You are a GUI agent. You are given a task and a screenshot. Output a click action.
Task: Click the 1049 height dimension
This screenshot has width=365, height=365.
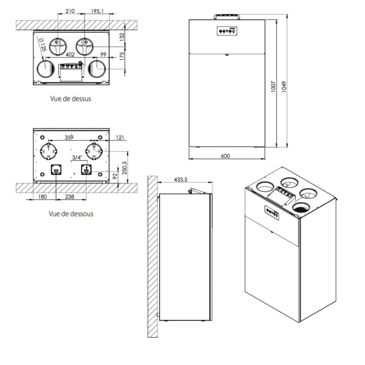coord(284,87)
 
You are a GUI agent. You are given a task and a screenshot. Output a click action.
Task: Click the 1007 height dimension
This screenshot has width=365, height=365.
coord(274,87)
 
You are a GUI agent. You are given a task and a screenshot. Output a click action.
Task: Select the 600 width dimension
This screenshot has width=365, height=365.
coord(225,156)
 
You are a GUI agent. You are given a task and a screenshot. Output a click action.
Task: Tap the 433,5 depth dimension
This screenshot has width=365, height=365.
coord(180,179)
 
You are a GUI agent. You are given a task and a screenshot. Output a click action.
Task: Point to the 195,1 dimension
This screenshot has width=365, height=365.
coord(97,11)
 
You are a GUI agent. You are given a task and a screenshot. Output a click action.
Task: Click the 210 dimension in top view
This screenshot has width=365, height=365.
coord(70,11)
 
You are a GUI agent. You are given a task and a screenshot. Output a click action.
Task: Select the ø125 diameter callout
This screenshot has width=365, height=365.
coord(43,45)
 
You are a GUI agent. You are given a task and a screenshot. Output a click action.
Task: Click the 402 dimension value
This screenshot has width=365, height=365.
coord(70,54)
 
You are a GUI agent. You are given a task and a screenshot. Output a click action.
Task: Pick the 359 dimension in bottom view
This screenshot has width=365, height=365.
coord(69,137)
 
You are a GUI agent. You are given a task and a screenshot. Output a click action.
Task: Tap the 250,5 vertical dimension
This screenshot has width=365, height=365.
coord(125,168)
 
